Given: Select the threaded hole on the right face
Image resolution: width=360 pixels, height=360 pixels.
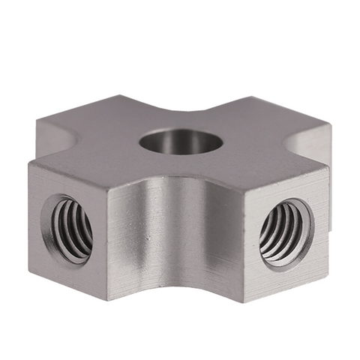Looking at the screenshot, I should (x=286, y=232).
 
